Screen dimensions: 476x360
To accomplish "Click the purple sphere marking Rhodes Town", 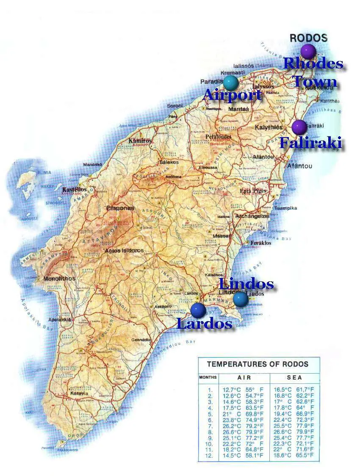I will point(308,51).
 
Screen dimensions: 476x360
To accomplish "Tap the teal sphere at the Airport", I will point(230,82).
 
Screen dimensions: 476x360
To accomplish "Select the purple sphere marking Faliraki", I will point(299,127).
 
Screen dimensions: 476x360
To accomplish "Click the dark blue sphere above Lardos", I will point(198,310).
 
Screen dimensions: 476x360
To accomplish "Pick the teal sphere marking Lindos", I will point(240,299).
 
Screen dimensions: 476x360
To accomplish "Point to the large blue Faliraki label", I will point(310,143).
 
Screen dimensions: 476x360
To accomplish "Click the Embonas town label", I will point(120,208).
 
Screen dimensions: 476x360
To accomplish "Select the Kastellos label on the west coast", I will point(74,190).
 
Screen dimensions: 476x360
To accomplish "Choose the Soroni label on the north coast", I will point(174,105).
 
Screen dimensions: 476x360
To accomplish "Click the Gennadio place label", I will point(141,339).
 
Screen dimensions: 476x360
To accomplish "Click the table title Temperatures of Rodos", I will point(258,364).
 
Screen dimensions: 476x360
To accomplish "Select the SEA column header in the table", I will point(294,377).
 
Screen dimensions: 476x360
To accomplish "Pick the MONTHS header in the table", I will point(208,377).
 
